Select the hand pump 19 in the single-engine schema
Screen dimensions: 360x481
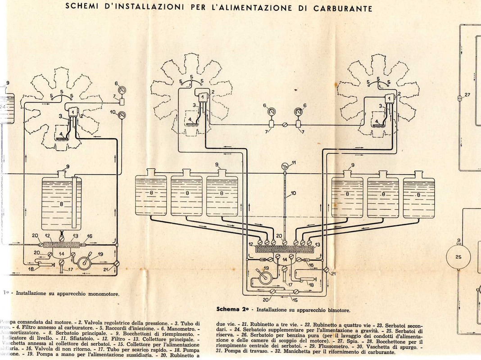87,261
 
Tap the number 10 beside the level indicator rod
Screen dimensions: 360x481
293,193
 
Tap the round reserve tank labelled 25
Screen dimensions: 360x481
458,257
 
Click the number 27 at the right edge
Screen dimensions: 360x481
467,95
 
